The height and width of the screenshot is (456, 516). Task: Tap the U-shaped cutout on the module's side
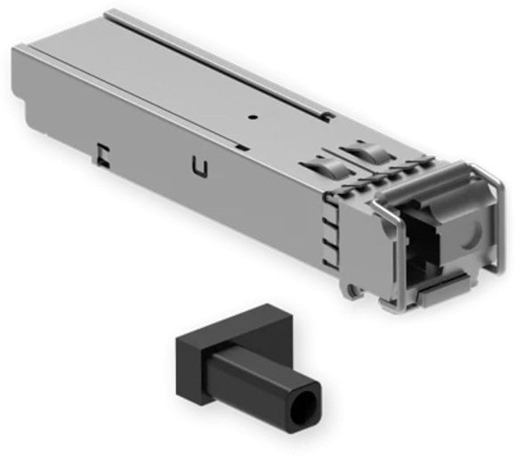coord(199,166)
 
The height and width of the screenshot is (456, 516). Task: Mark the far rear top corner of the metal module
coord(111,12)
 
